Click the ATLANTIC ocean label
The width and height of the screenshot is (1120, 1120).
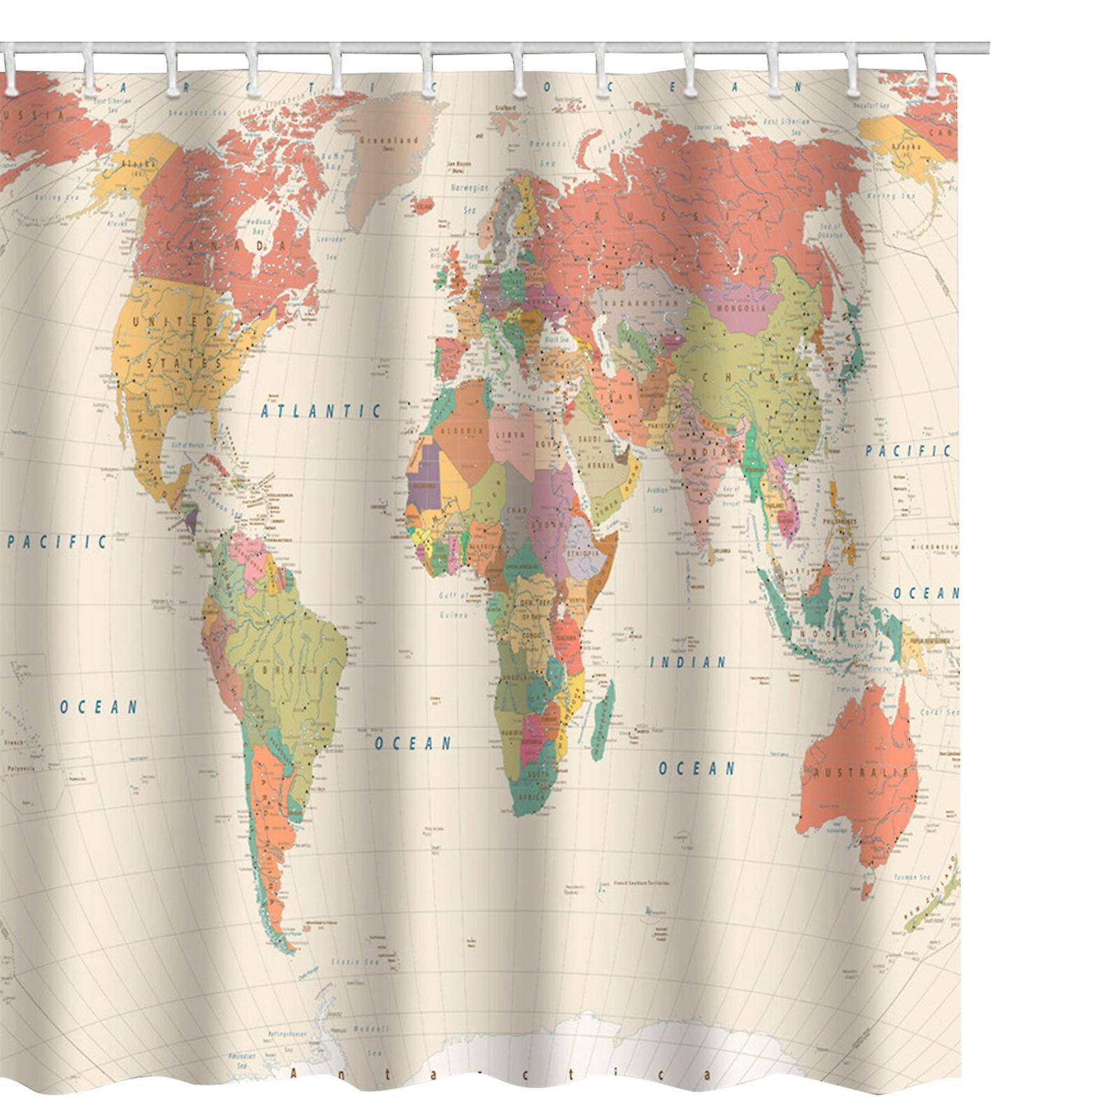click(x=321, y=412)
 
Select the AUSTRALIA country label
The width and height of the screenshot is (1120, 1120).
click(x=862, y=773)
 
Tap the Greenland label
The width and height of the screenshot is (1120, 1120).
click(x=388, y=141)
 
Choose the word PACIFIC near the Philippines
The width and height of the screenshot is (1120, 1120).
click(x=908, y=451)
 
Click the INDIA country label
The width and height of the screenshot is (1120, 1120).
click(x=707, y=454)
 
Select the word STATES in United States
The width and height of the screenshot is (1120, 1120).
click(x=184, y=364)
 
